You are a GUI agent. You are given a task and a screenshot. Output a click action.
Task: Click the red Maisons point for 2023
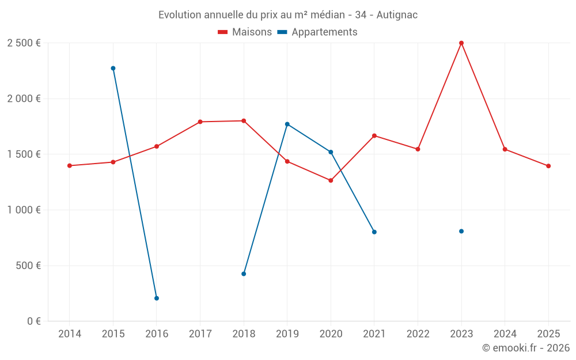click(461, 43)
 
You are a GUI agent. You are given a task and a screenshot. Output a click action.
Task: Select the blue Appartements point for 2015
click(113, 69)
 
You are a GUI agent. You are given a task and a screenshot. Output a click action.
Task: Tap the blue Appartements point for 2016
click(157, 298)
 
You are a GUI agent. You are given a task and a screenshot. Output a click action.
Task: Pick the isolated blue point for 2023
click(461, 232)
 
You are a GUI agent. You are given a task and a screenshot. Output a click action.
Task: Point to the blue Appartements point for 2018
click(244, 274)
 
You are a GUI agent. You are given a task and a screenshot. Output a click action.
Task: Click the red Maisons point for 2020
click(331, 180)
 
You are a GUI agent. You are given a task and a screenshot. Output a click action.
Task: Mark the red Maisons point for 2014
click(70, 166)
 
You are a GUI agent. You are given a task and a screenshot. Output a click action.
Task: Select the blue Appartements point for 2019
click(287, 124)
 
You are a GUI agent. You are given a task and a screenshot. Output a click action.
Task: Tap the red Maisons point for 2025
click(548, 166)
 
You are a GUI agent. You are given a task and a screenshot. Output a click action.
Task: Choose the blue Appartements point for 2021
click(374, 232)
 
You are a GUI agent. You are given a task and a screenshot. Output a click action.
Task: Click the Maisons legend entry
click(245, 32)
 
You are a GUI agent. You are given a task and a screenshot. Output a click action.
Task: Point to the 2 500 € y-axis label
click(24, 43)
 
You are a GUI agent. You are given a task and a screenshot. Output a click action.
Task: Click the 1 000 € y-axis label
click(24, 210)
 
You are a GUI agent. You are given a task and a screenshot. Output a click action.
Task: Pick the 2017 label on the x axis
click(200, 334)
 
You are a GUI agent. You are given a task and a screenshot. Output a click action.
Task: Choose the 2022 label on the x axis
click(418, 334)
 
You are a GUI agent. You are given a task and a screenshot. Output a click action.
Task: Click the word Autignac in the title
click(397, 15)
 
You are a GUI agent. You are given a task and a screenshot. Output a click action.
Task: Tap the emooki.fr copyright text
click(525, 348)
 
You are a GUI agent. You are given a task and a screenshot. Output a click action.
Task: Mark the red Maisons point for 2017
click(200, 122)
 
